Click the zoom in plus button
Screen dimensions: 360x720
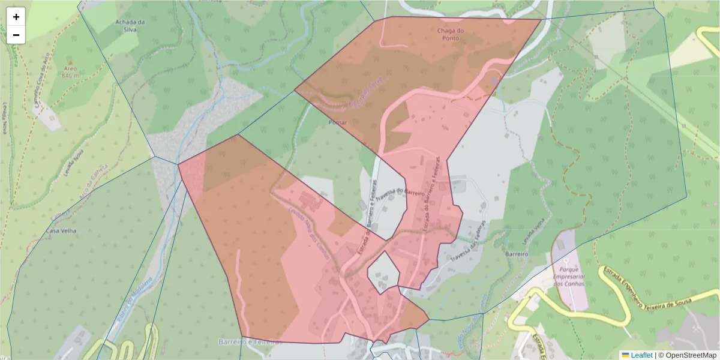point(16,17)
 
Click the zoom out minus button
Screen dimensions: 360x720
point(16,35)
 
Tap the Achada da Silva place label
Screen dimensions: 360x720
point(130,26)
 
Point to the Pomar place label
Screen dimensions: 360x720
point(338,122)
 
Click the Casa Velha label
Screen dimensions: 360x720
point(61,230)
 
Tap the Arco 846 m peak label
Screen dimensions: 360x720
point(70,73)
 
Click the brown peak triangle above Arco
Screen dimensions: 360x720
point(70,62)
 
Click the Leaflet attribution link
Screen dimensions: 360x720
point(641,355)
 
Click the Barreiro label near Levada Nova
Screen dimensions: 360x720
point(515,254)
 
